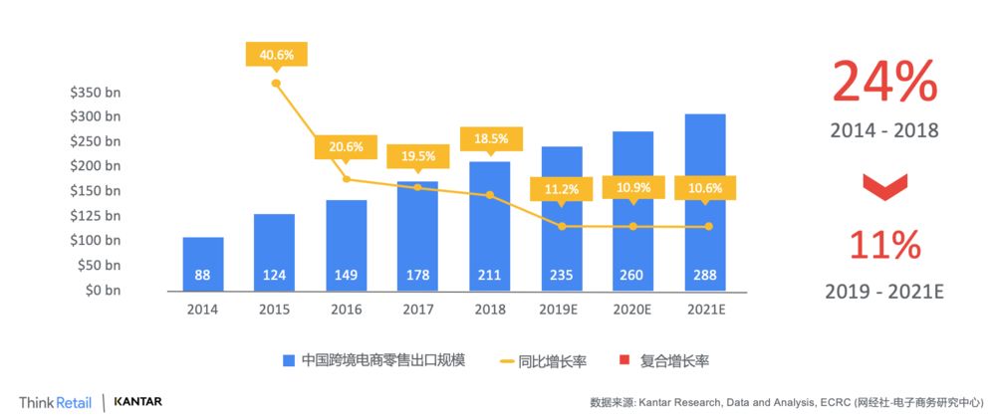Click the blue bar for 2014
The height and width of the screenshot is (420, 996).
tap(203, 265)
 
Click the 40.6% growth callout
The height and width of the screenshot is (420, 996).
tap(277, 55)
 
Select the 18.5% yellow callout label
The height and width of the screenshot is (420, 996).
tap(490, 138)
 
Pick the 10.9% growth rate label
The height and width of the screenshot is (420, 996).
tap(632, 187)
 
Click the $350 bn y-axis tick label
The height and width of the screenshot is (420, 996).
tap(96, 92)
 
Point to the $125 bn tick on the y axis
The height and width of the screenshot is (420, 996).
tap(96, 216)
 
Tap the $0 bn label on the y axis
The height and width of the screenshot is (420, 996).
tap(100, 290)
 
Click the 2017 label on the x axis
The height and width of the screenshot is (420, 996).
tap(417, 310)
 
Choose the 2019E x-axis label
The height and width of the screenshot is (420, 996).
tap(561, 310)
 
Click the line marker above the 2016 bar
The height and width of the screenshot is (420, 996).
tap(346, 179)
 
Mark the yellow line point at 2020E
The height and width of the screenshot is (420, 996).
tap(632, 227)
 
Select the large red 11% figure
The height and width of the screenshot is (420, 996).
tap(884, 247)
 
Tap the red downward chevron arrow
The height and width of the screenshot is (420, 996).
tap(884, 185)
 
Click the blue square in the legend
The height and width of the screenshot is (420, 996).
tap(289, 360)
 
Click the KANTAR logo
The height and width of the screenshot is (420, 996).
tap(138, 402)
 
